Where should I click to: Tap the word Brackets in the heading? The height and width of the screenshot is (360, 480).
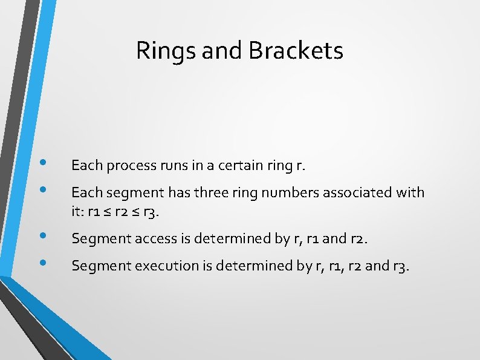pos(296,51)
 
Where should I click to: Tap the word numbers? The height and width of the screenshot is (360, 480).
pos(272,193)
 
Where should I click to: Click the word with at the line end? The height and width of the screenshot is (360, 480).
pos(410,193)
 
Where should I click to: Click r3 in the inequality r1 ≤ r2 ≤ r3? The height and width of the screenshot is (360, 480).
pos(155,212)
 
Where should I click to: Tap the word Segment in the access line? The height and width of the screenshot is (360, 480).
pos(96,239)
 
